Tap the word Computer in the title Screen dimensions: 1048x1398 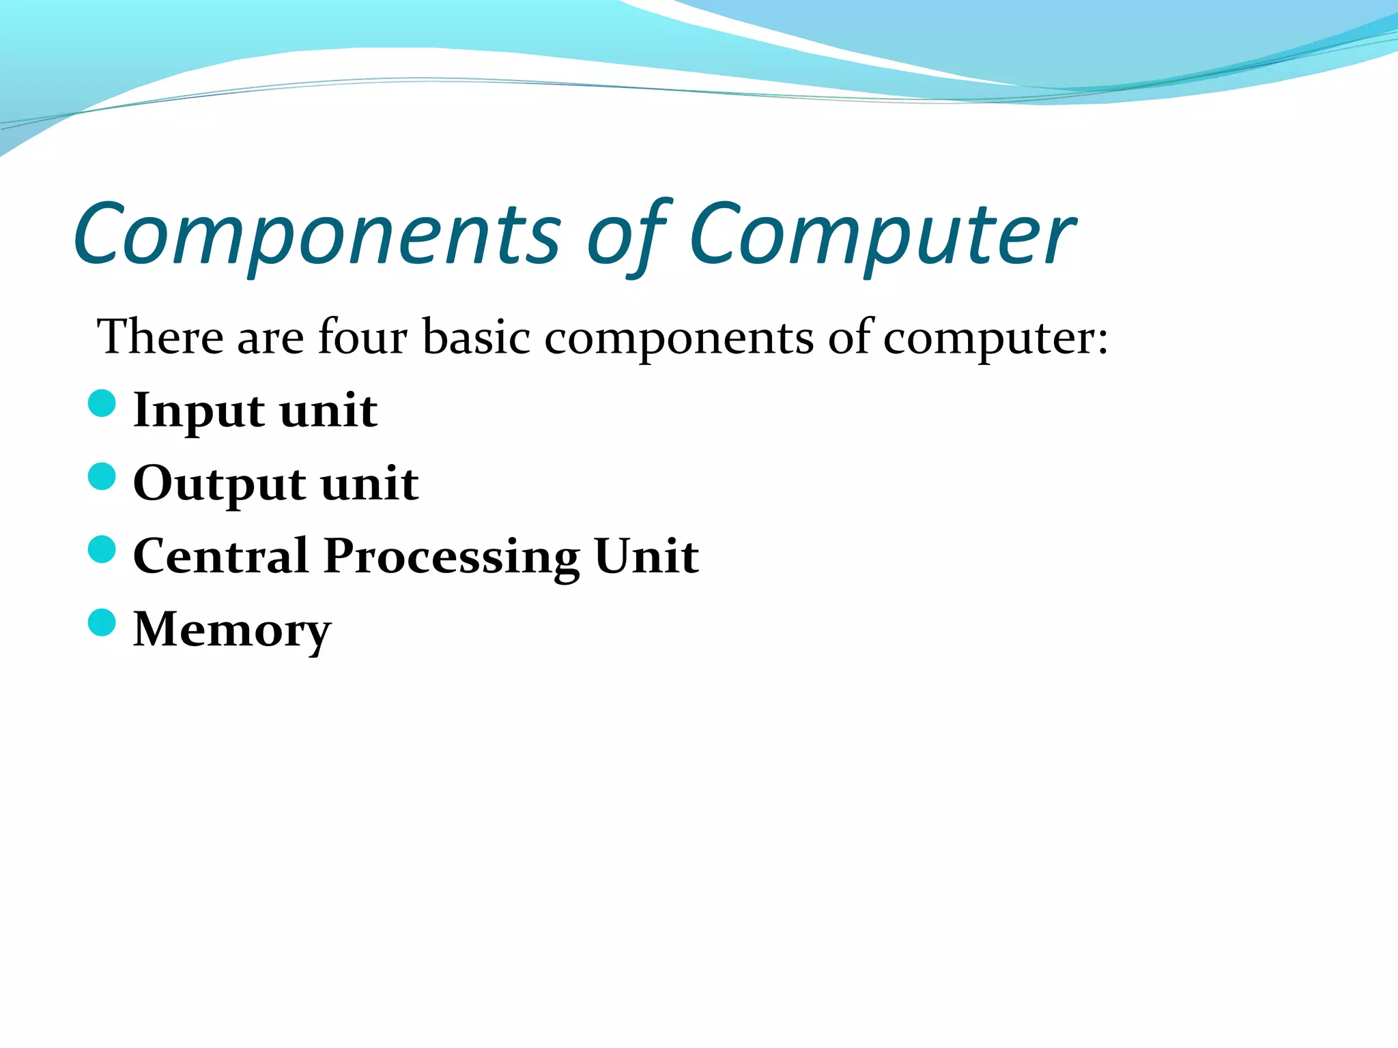pos(881,235)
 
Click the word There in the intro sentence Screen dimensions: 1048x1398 pos(160,337)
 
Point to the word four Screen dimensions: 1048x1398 pos(362,337)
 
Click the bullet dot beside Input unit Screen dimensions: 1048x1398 pos(102,403)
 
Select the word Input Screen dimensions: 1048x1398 pos(199,411)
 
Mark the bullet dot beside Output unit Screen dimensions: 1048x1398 pos(102,476)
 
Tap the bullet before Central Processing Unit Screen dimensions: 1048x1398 pos(102,549)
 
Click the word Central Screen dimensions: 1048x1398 pos(220,555)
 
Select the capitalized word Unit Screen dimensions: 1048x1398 pos(646,555)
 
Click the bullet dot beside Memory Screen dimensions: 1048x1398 pos(102,622)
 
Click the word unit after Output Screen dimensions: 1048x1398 pos(369,483)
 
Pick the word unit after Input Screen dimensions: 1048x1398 pos(328,410)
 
